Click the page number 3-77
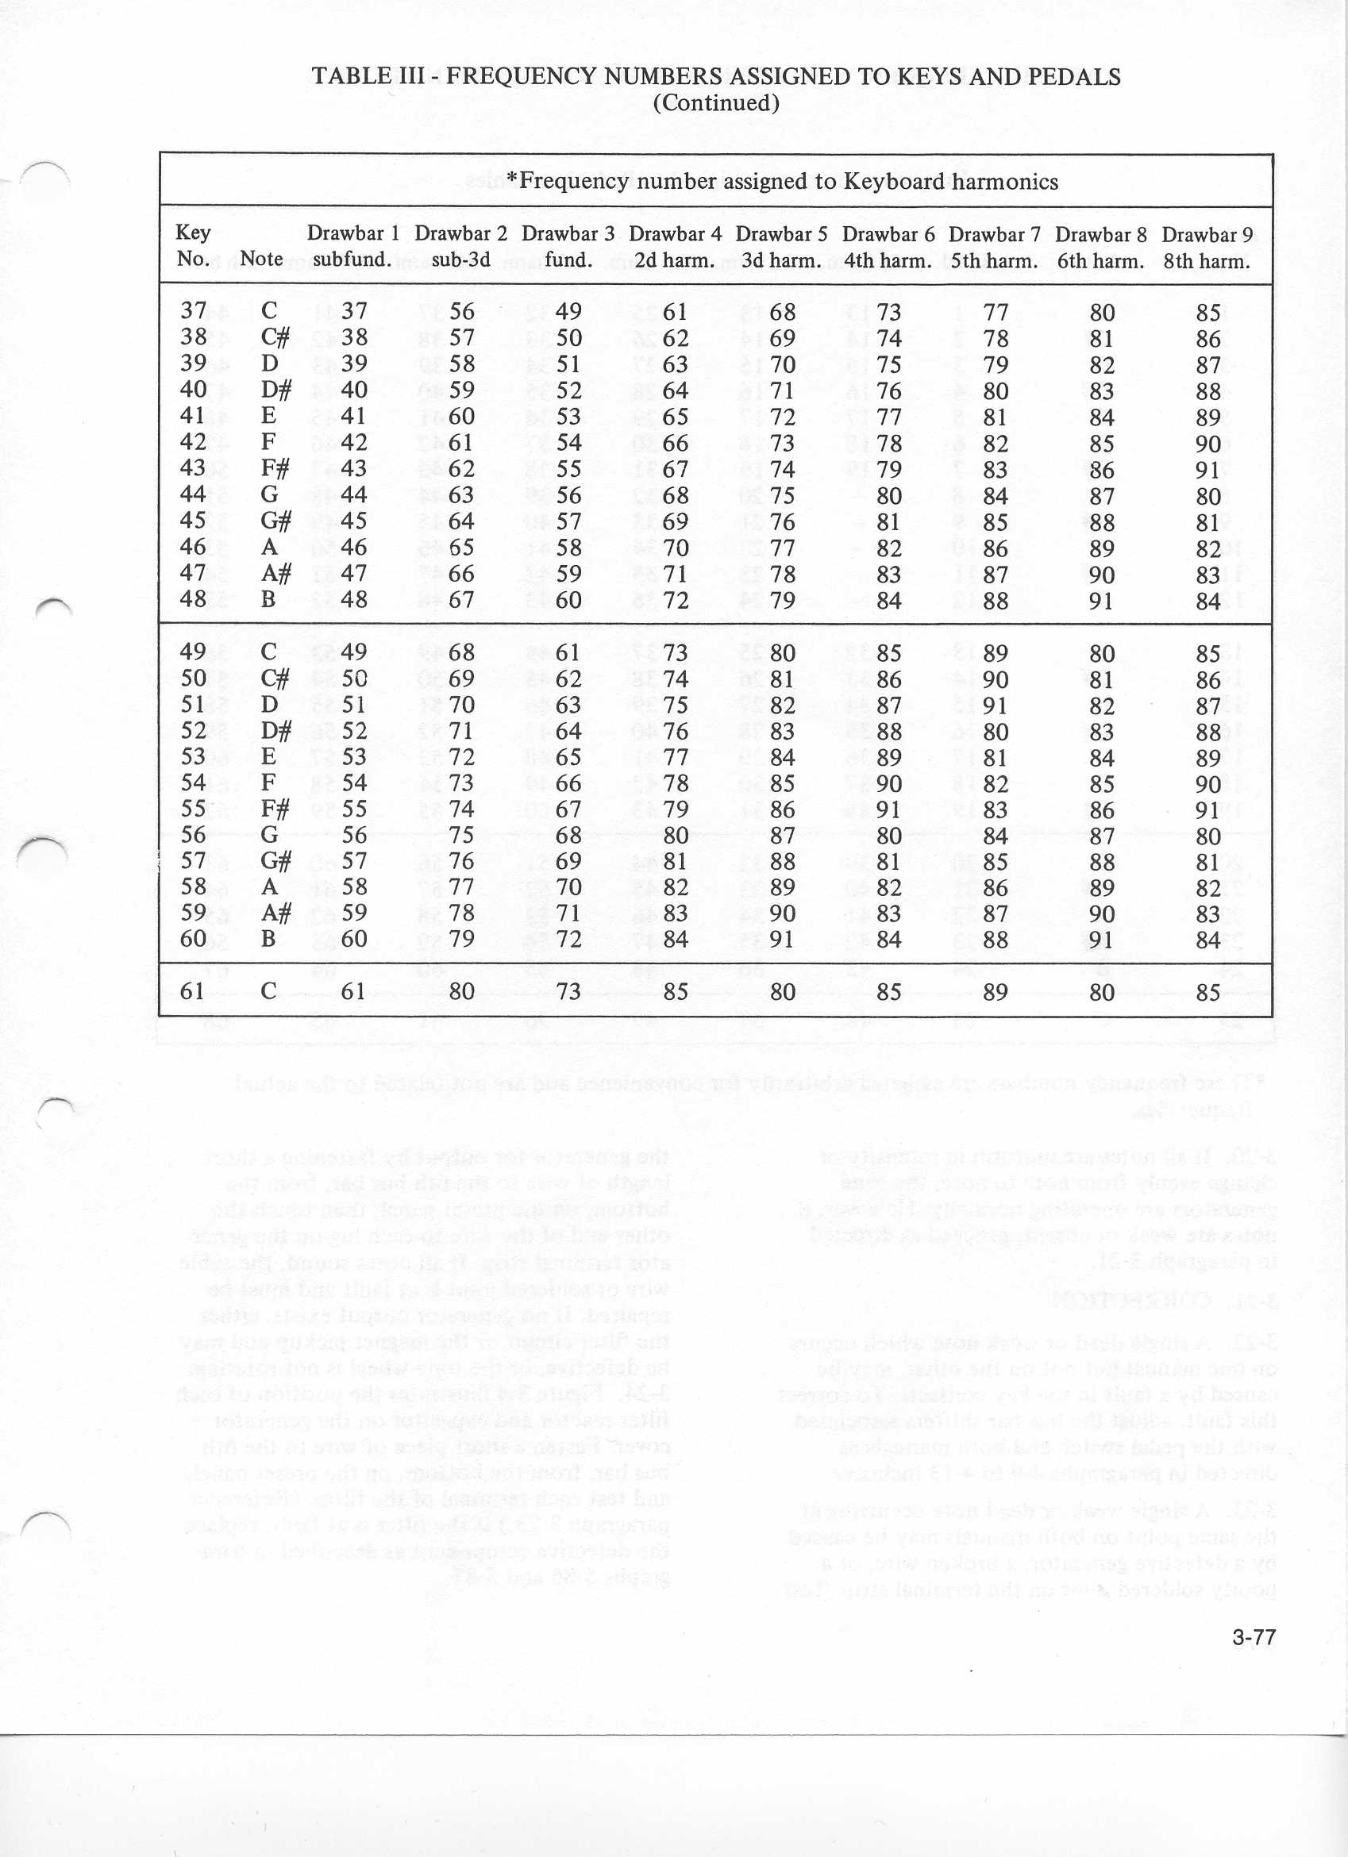click(x=1253, y=1636)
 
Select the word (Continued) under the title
click(x=716, y=102)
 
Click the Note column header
click(x=261, y=259)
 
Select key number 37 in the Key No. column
click(x=193, y=311)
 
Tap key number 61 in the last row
click(x=191, y=990)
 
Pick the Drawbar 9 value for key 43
click(x=1208, y=469)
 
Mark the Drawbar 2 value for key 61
click(x=462, y=991)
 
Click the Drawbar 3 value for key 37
click(x=568, y=312)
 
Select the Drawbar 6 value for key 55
click(x=888, y=809)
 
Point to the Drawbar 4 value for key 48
click(x=676, y=600)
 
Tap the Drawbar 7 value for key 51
click(x=995, y=705)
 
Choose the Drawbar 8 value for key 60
click(x=1101, y=939)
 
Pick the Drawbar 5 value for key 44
click(x=783, y=495)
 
